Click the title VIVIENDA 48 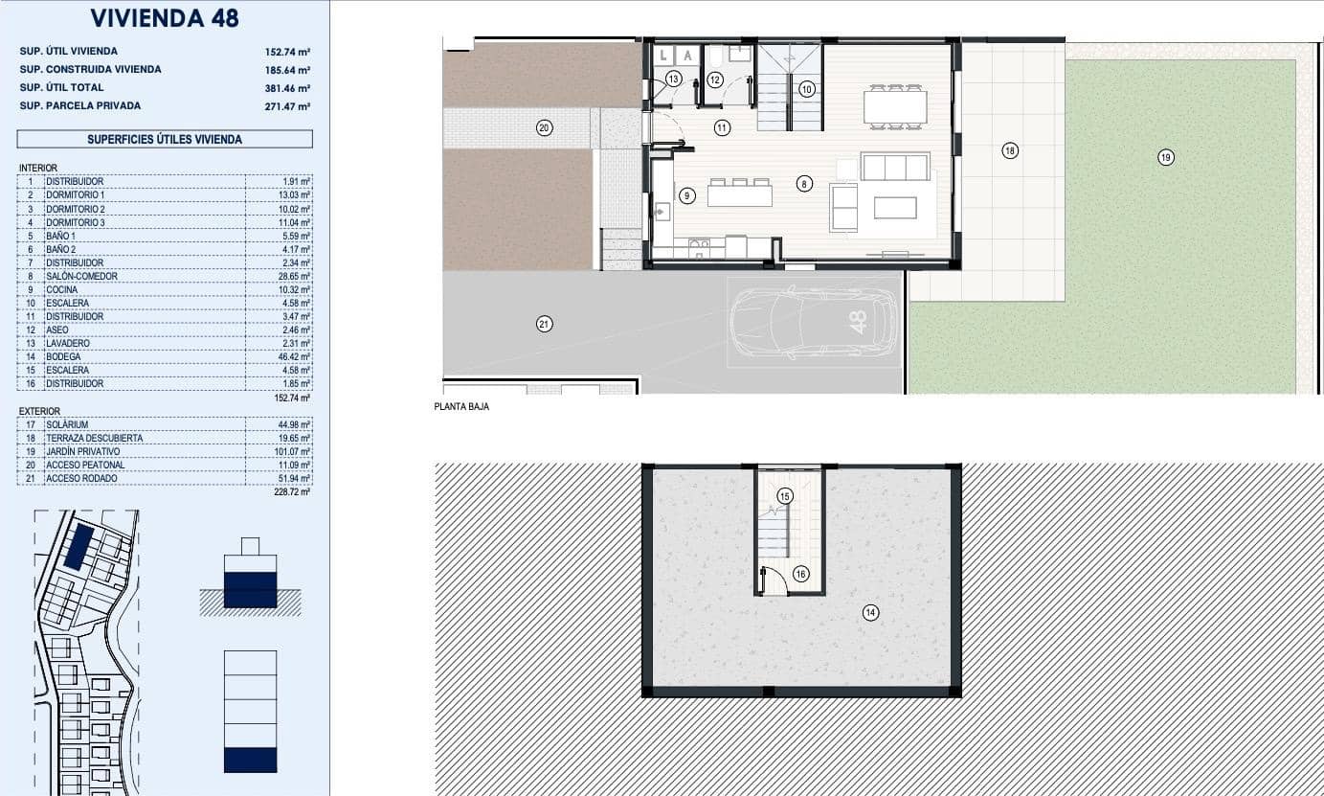click(x=165, y=18)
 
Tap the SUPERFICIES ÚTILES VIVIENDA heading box click(x=165, y=139)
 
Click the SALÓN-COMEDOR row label click(x=81, y=277)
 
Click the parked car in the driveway click(x=814, y=323)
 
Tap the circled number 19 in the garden click(x=1165, y=157)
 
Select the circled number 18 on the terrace click(x=1009, y=150)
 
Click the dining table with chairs click(x=895, y=105)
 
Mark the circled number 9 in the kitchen click(x=686, y=195)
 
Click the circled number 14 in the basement click(x=870, y=613)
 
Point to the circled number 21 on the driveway click(x=544, y=325)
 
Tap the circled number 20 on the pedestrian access click(x=544, y=127)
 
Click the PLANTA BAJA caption click(x=461, y=407)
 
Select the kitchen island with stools click(x=740, y=194)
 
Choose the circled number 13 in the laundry click(x=673, y=80)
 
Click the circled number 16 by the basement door click(x=800, y=574)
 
